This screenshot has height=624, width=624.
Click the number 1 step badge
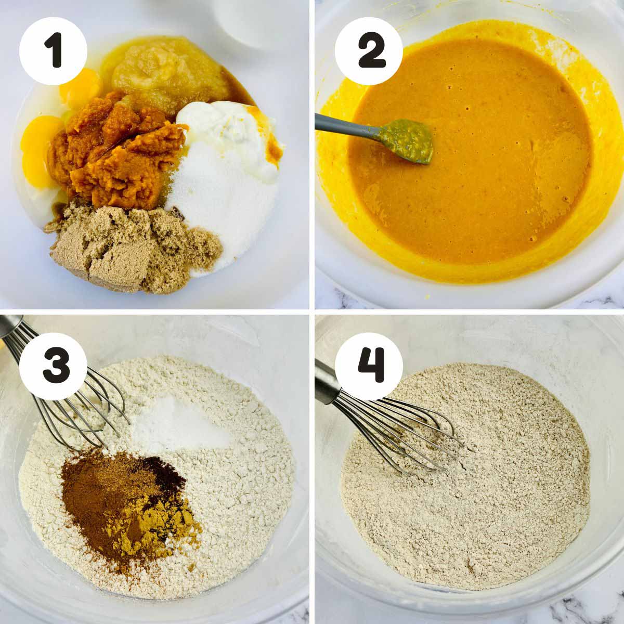click(x=53, y=51)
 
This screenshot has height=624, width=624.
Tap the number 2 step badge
click(x=369, y=51)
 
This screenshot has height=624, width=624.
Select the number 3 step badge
click(x=53, y=366)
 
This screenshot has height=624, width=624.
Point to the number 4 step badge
click(x=369, y=366)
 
